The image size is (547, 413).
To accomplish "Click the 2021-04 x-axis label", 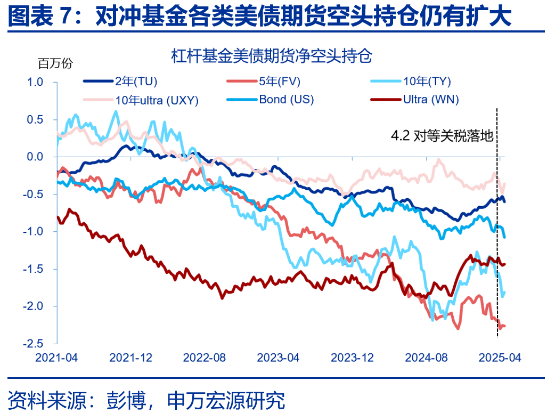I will click(x=56, y=358).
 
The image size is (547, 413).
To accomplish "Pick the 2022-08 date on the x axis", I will click(x=205, y=358).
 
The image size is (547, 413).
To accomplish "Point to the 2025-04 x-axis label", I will click(x=499, y=358).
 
